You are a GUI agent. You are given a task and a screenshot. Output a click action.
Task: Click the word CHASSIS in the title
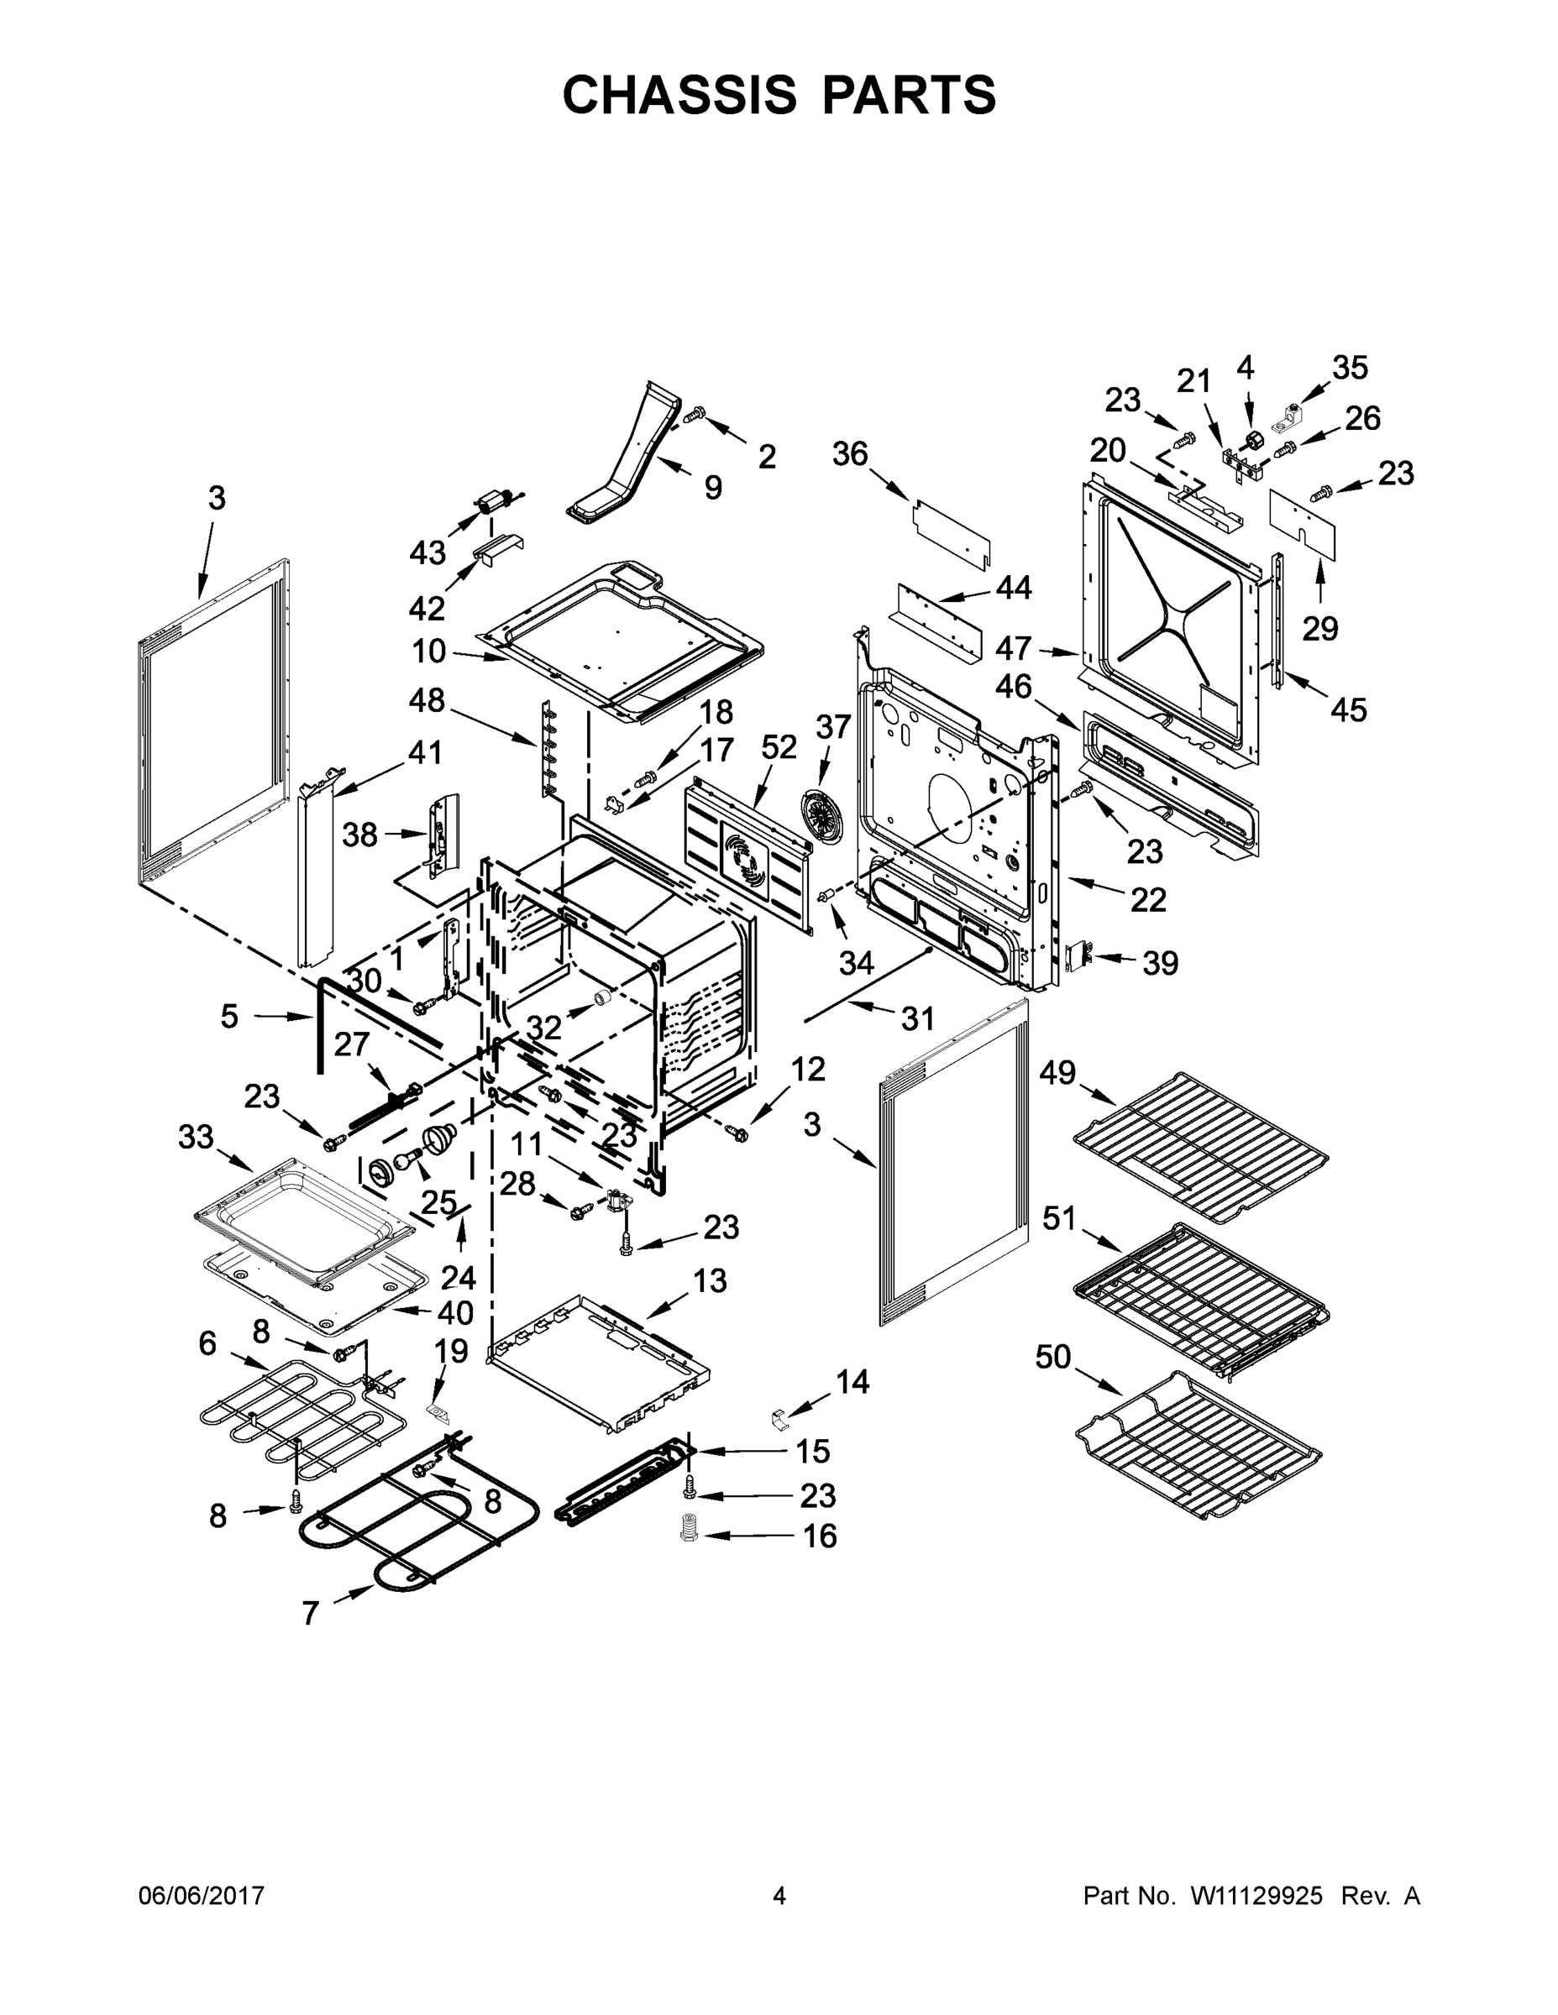(x=679, y=95)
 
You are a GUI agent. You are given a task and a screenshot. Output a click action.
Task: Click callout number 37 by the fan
(x=832, y=727)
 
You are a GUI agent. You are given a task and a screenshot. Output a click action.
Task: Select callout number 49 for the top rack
(x=1057, y=1072)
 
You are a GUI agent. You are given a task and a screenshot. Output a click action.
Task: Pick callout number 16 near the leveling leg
(x=821, y=1536)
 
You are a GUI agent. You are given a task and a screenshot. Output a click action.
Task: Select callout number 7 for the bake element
(x=310, y=1613)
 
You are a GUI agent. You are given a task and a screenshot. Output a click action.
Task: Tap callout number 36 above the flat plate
(x=850, y=454)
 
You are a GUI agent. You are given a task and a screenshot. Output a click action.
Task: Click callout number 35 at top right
(x=1349, y=368)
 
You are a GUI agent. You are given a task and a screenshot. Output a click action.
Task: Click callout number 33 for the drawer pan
(x=196, y=1138)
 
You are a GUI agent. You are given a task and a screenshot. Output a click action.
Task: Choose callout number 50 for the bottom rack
(x=1053, y=1357)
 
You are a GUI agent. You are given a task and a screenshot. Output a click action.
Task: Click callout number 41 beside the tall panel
(x=425, y=753)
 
